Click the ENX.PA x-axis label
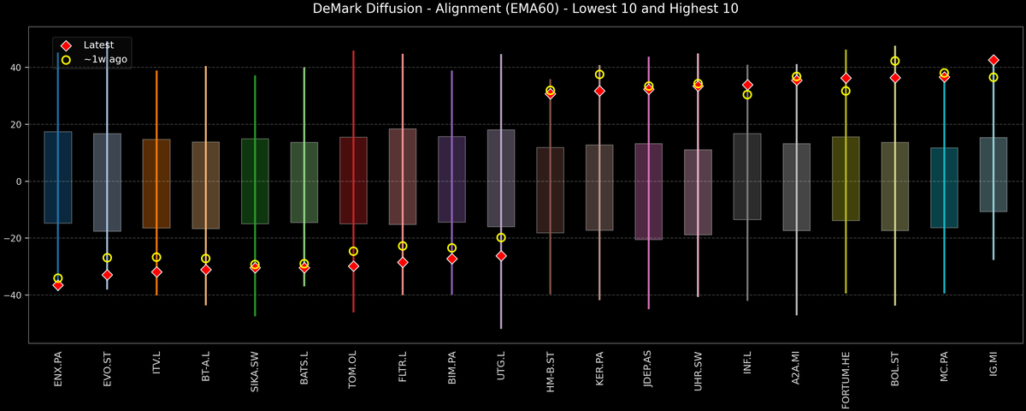click(x=58, y=369)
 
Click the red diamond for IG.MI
click(x=994, y=60)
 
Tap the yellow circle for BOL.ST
click(x=895, y=61)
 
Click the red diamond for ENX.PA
click(x=58, y=285)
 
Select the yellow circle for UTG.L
click(x=501, y=237)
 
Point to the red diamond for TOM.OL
click(x=353, y=266)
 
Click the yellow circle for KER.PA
click(x=599, y=74)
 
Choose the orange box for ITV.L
click(x=156, y=183)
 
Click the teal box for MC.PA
click(x=944, y=188)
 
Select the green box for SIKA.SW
click(x=255, y=181)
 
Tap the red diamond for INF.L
click(x=747, y=85)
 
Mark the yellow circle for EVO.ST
click(x=107, y=258)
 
